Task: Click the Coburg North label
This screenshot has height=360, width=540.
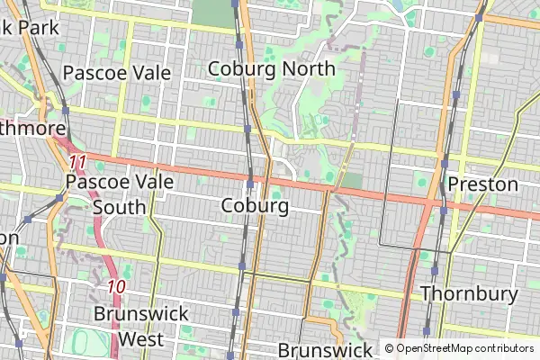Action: pyautogui.click(x=271, y=68)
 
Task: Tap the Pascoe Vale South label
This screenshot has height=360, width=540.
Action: pyautogui.click(x=106, y=194)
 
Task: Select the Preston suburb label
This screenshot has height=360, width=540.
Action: pyautogui.click(x=483, y=185)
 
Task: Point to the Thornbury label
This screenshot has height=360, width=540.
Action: pyautogui.click(x=469, y=294)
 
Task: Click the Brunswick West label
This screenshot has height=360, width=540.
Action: pyautogui.click(x=141, y=326)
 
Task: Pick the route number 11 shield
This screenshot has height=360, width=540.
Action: pyautogui.click(x=77, y=162)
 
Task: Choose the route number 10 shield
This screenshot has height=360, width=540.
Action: pyautogui.click(x=115, y=288)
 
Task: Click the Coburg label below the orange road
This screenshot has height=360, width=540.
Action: pyautogui.click(x=255, y=206)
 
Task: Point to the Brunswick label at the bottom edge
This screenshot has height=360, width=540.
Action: pyautogui.click(x=325, y=349)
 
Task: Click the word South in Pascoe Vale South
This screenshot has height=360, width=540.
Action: pyautogui.click(x=117, y=207)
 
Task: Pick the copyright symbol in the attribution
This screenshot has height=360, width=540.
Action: pyautogui.click(x=389, y=347)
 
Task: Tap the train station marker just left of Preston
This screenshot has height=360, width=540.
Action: pyautogui.click(x=444, y=164)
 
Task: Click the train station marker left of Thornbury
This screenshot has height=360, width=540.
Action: pyautogui.click(x=435, y=270)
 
